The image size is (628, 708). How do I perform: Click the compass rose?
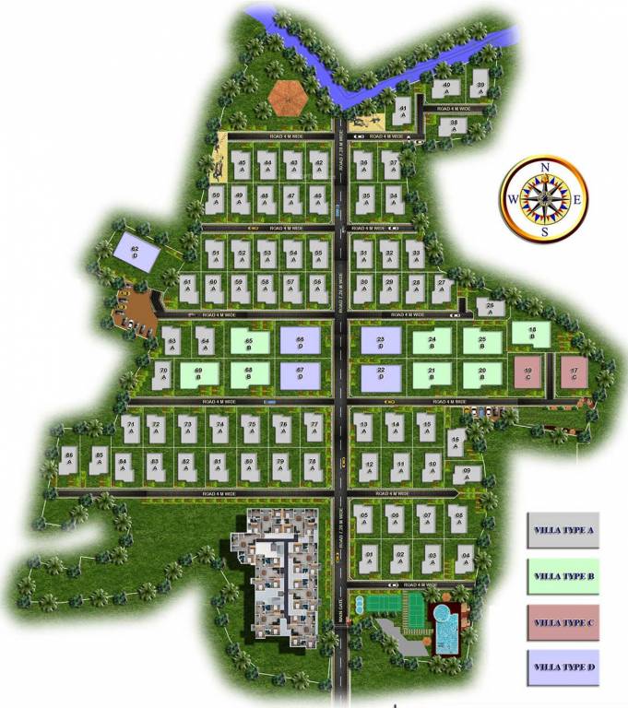point(544,198)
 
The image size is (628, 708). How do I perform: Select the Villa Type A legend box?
point(563,530)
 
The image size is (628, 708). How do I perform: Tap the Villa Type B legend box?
point(563,576)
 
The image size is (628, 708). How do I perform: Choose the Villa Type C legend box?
point(563,622)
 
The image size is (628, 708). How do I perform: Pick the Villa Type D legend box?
point(563,667)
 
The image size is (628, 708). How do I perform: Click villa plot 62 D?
point(136,249)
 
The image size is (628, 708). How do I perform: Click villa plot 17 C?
point(574,373)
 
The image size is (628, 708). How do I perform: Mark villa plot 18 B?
point(533,334)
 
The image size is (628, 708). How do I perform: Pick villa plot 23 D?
point(381,342)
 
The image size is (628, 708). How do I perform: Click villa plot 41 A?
point(402,112)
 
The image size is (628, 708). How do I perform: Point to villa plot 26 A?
point(491,308)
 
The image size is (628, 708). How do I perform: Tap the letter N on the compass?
point(545,166)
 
